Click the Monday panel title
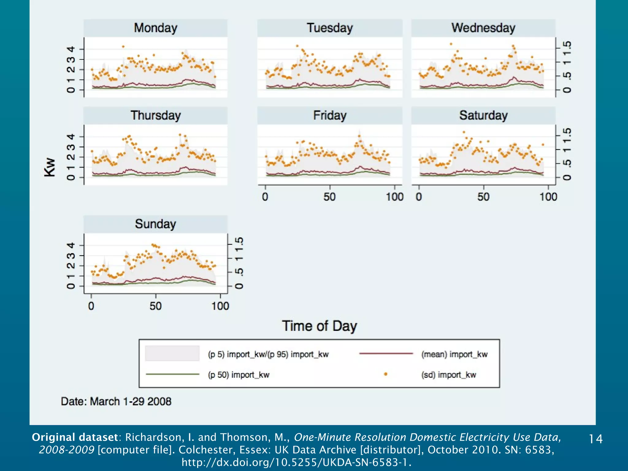pyautogui.click(x=155, y=28)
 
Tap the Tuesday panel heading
pyautogui.click(x=330, y=28)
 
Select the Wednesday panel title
pyautogui.click(x=483, y=28)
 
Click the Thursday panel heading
pyautogui.click(x=155, y=115)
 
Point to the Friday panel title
pyautogui.click(x=330, y=115)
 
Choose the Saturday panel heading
pyautogui.click(x=483, y=115)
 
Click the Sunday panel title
pyautogui.click(x=155, y=224)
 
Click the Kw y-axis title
pyautogui.click(x=50, y=167)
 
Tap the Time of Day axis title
pyautogui.click(x=319, y=326)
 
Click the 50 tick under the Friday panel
pyautogui.click(x=330, y=197)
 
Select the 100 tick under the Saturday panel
pyautogui.click(x=548, y=197)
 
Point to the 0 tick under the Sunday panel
pyautogui.click(x=91, y=306)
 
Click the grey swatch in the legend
pyautogui.click(x=172, y=353)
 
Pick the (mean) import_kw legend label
pyautogui.click(x=454, y=354)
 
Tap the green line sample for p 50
pyautogui.click(x=172, y=374)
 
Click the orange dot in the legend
pyautogui.click(x=385, y=374)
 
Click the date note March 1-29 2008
pyautogui.click(x=116, y=401)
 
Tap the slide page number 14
pyautogui.click(x=595, y=439)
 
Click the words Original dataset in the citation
pyautogui.click(x=75, y=437)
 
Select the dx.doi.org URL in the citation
pyautogui.click(x=296, y=462)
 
